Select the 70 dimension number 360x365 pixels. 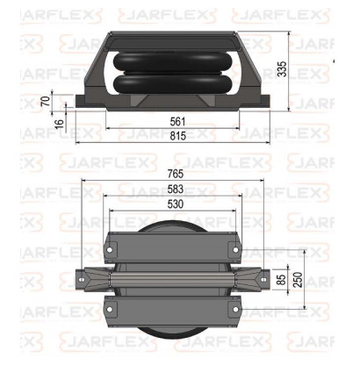point(47,100)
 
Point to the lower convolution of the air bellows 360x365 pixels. point(174,88)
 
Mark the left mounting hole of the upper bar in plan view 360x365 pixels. point(115,248)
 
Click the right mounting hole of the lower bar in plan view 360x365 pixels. point(236,311)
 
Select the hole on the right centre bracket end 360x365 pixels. point(263,280)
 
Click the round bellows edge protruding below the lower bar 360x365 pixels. point(176,329)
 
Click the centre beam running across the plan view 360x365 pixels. point(176,280)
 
